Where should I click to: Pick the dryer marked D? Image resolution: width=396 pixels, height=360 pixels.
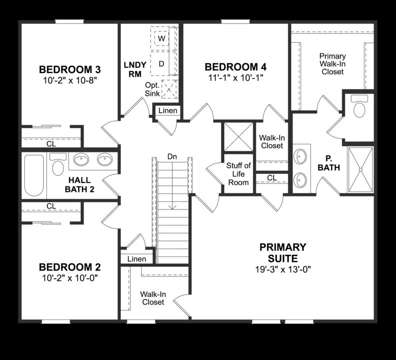click(161, 63)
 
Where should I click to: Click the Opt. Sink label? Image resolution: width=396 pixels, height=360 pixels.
click(152, 89)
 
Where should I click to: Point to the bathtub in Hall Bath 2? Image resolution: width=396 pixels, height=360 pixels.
click(34, 174)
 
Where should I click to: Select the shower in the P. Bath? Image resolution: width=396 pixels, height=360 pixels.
click(361, 169)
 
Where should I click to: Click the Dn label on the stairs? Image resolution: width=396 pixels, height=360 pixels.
click(172, 156)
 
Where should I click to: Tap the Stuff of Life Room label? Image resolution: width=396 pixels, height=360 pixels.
click(238, 174)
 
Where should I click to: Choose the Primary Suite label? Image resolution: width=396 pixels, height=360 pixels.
click(283, 252)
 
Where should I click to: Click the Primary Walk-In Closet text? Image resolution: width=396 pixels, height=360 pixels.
click(332, 64)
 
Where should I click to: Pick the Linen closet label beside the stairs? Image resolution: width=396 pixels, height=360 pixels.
click(136, 259)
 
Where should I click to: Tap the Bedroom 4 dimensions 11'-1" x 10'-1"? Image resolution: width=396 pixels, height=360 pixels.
click(235, 77)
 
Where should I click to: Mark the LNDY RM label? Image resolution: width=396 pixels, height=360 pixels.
click(135, 69)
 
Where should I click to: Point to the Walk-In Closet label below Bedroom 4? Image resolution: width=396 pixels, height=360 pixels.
click(271, 141)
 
